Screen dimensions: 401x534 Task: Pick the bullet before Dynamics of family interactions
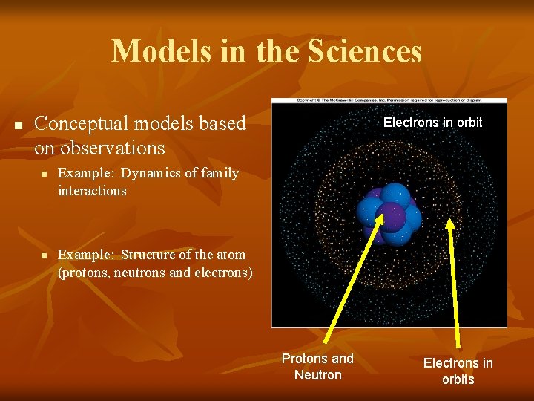pos(44,174)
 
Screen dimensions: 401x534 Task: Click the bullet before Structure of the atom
pos(44,255)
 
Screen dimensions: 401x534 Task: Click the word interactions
pos(92,191)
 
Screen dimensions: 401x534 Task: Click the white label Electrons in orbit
pos(432,123)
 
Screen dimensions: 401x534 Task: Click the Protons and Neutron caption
pos(317,367)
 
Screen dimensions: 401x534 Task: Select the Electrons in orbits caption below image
pos(458,371)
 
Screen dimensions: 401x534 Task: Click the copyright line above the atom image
pos(389,100)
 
